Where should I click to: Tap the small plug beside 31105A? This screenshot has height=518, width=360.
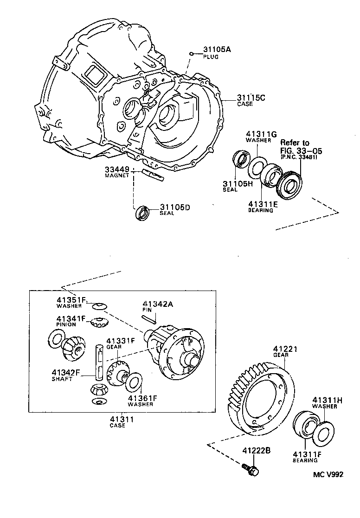[191, 55]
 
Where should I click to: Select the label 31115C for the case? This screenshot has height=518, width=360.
[251, 98]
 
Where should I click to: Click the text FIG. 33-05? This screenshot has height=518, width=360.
[301, 151]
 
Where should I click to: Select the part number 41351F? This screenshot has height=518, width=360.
[71, 300]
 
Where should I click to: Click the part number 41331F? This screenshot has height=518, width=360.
[120, 340]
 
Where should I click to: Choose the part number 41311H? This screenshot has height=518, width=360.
[328, 400]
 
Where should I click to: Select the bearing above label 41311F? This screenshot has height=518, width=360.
[305, 424]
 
